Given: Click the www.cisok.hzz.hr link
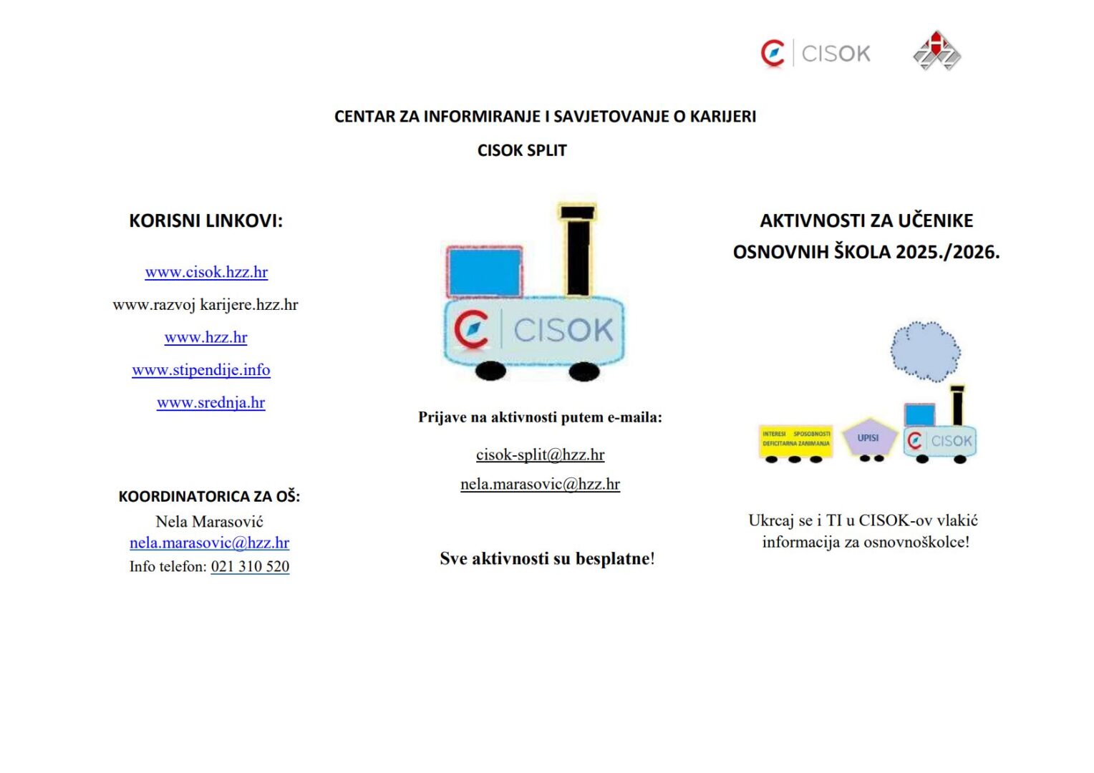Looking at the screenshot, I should click(206, 273).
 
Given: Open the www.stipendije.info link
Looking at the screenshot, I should click(201, 370).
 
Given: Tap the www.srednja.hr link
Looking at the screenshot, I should click(210, 403).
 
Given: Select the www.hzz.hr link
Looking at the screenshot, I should click(205, 338).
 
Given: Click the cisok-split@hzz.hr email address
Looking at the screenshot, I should click(540, 455).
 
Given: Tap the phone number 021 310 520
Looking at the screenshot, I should click(250, 567).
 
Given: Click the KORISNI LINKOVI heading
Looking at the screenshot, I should click(205, 221).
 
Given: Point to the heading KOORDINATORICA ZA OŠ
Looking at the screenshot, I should click(209, 497).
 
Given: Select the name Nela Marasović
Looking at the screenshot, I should click(209, 522).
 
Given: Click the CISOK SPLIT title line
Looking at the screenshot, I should click(522, 151).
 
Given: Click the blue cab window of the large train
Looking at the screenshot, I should click(485, 272).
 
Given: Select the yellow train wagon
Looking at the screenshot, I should click(795, 440).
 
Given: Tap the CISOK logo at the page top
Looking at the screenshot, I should click(815, 54).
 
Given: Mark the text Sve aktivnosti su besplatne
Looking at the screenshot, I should click(546, 559).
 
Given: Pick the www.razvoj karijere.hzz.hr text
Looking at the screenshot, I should click(205, 305).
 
